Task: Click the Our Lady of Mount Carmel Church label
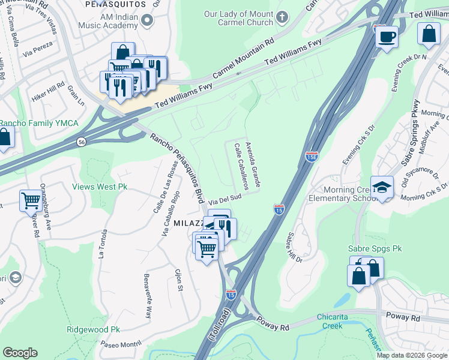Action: point(238,17)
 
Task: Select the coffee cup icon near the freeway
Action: point(387,37)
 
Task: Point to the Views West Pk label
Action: point(100,187)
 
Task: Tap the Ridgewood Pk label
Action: point(94,329)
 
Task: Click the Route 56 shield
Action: point(82,142)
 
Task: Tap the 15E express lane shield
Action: point(311,157)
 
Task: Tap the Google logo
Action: point(20,353)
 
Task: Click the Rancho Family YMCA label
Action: point(38,123)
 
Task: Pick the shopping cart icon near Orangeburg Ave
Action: point(31,200)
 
